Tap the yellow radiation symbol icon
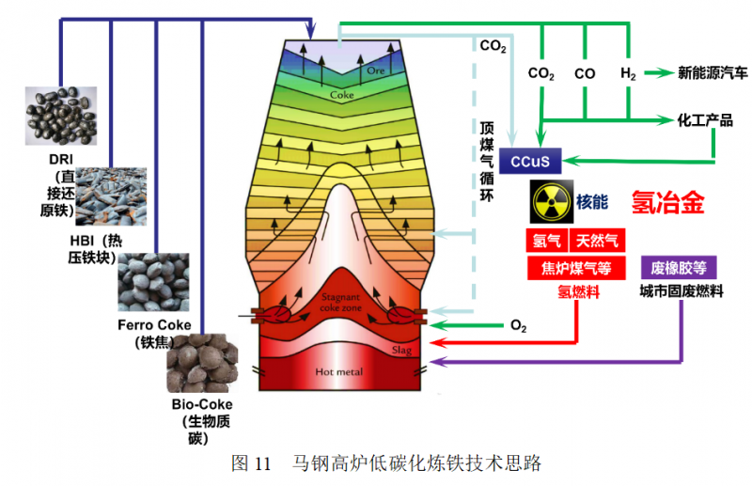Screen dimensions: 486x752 click(550, 200)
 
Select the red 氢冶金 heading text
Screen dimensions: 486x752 click(668, 203)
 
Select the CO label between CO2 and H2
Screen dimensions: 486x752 click(585, 73)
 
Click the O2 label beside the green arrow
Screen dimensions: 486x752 click(518, 326)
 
